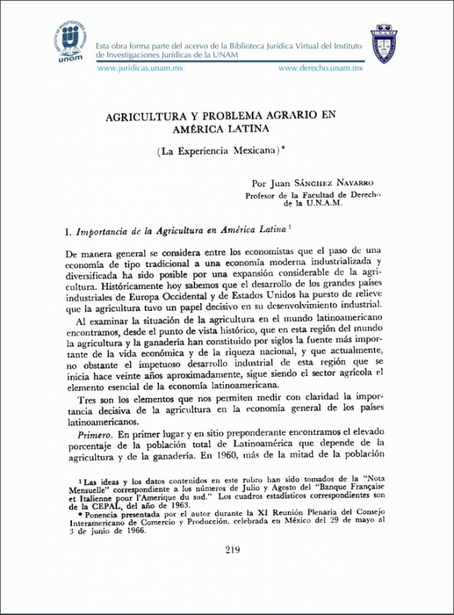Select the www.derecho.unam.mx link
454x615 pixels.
point(321,68)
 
